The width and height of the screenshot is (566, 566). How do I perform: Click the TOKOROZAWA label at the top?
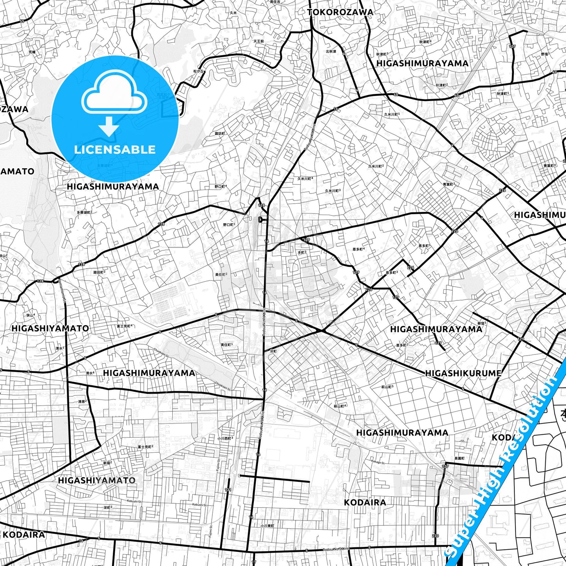340,12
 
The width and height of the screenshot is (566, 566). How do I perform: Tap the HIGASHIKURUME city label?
463,373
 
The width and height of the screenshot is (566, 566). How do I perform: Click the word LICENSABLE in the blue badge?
115,149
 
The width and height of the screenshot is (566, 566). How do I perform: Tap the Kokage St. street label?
378,463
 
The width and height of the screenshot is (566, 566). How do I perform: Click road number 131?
228,490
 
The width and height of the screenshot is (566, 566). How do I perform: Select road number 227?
445,466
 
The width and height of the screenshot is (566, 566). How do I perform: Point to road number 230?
436,536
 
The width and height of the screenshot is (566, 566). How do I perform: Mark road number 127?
512,47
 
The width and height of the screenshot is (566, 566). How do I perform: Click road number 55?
22,21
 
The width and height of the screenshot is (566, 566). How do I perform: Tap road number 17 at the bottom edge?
254,562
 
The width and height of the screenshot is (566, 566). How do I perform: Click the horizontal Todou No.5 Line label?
336,549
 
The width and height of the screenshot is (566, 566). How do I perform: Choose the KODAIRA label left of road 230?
365,503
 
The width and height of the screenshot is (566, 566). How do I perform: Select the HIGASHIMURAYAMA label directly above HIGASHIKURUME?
436,329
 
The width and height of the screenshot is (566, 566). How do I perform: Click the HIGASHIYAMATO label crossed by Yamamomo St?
50,328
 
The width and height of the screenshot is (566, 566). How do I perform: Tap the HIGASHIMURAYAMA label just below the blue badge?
113,186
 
